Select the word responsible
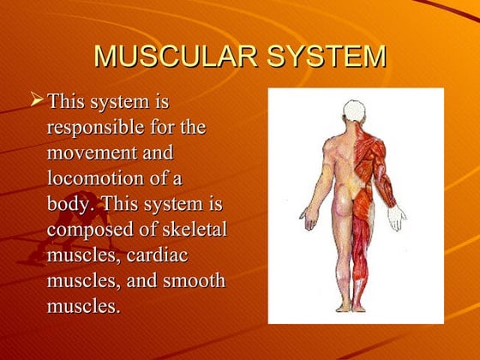(92, 129)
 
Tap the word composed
(89, 231)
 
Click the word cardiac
(158, 256)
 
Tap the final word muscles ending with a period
(82, 307)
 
